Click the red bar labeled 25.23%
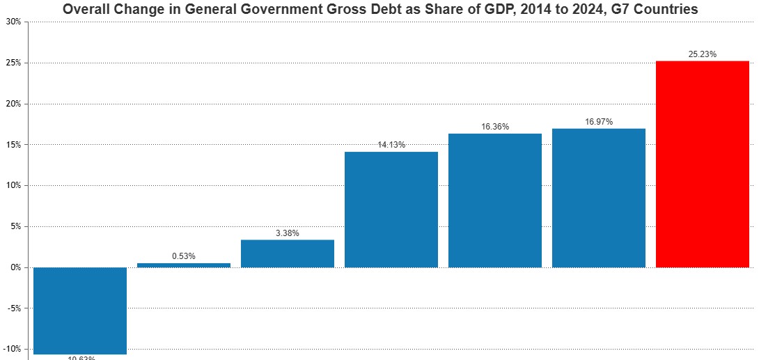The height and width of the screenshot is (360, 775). click(x=702, y=164)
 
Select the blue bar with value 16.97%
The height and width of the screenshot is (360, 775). click(x=598, y=198)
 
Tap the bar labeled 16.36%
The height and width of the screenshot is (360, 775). click(x=494, y=201)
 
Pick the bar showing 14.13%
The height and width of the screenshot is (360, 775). click(x=391, y=209)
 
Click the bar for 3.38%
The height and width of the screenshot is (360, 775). click(x=287, y=253)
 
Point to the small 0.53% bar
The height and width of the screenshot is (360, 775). click(x=183, y=265)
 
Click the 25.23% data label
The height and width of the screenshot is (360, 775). click(x=702, y=54)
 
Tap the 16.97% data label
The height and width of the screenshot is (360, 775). click(x=598, y=122)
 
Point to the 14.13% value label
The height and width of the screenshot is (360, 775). click(x=391, y=145)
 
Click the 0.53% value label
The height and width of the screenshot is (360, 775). click(x=183, y=256)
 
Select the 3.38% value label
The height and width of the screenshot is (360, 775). click(x=287, y=233)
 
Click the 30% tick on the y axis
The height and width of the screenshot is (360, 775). click(x=13, y=22)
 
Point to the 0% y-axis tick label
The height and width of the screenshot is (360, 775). click(x=15, y=267)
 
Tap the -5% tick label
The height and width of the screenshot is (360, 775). click(x=14, y=308)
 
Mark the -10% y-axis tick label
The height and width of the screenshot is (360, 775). click(x=13, y=349)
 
